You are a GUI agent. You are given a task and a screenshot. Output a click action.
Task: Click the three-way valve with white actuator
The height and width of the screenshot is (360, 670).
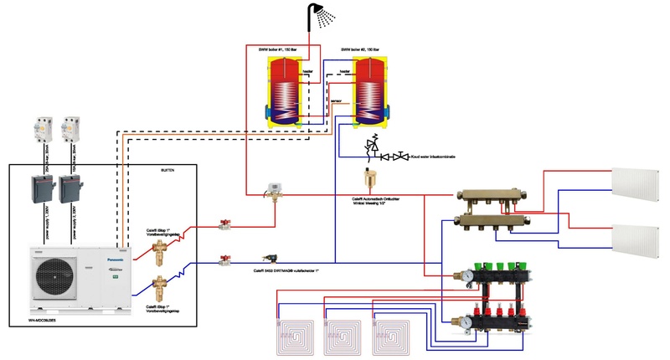point(272,190)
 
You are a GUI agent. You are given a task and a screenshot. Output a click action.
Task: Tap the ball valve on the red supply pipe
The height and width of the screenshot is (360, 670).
point(224,224)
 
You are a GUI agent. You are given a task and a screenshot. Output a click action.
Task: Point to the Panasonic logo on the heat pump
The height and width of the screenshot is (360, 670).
point(116,260)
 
